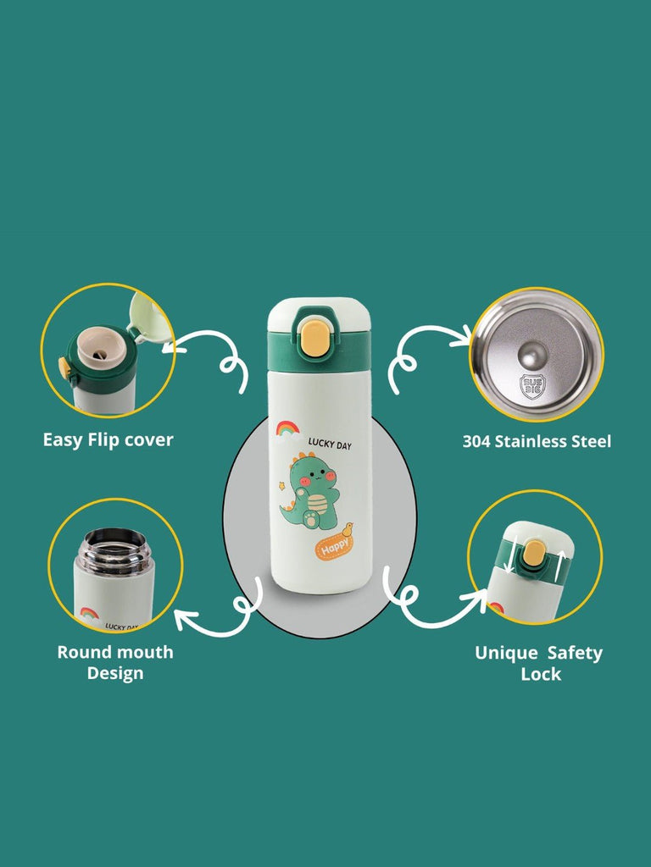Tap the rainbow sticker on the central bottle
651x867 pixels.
(288, 428)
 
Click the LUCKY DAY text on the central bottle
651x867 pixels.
(330, 444)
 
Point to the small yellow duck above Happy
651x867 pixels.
(347, 529)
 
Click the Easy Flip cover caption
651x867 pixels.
(108, 440)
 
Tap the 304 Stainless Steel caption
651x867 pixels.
(537, 441)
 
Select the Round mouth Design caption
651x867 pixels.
(115, 662)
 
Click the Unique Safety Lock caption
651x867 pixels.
(538, 664)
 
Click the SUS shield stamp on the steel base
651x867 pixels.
(532, 386)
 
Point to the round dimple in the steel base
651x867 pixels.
(532, 354)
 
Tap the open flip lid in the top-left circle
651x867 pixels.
(149, 318)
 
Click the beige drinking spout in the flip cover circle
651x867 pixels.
(101, 346)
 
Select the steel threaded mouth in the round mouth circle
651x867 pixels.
(114, 550)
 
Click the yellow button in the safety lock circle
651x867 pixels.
(534, 553)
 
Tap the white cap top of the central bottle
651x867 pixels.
(319, 315)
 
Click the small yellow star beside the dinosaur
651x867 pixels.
(281, 486)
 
